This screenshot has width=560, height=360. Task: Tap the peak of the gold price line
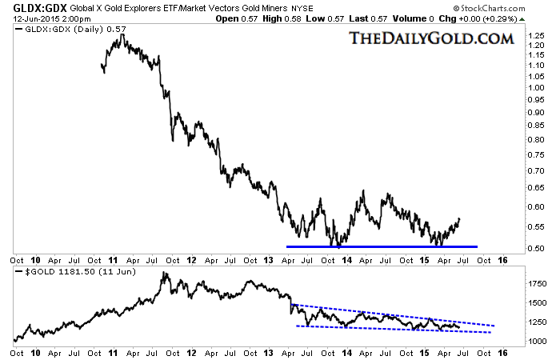164,274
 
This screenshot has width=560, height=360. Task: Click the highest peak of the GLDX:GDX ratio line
118,35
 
